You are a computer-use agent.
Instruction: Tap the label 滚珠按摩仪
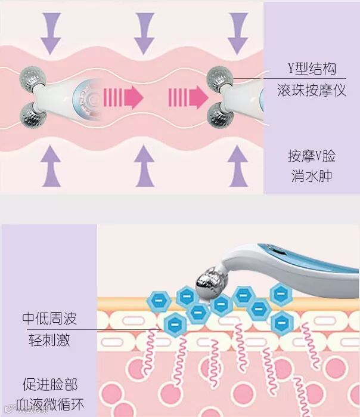311,91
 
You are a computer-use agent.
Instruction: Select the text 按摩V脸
311,156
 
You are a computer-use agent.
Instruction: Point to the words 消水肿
311,177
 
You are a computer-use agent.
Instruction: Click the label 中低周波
49,318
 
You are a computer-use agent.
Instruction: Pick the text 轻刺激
49,341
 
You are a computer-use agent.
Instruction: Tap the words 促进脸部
49,384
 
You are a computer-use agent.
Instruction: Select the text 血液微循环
49,403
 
